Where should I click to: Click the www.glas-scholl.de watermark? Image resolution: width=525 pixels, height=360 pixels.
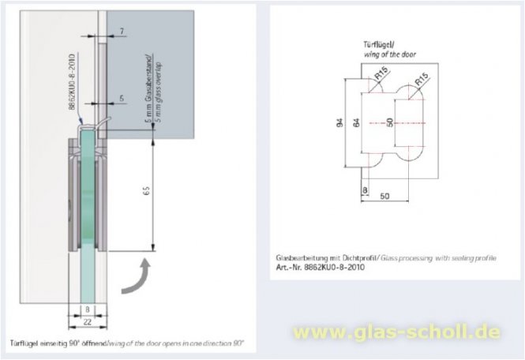coord(396,332)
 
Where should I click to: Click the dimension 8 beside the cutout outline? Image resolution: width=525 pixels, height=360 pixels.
coord(365,190)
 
